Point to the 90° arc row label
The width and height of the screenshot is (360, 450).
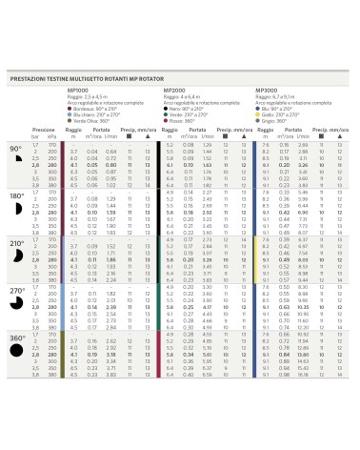[15, 149]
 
